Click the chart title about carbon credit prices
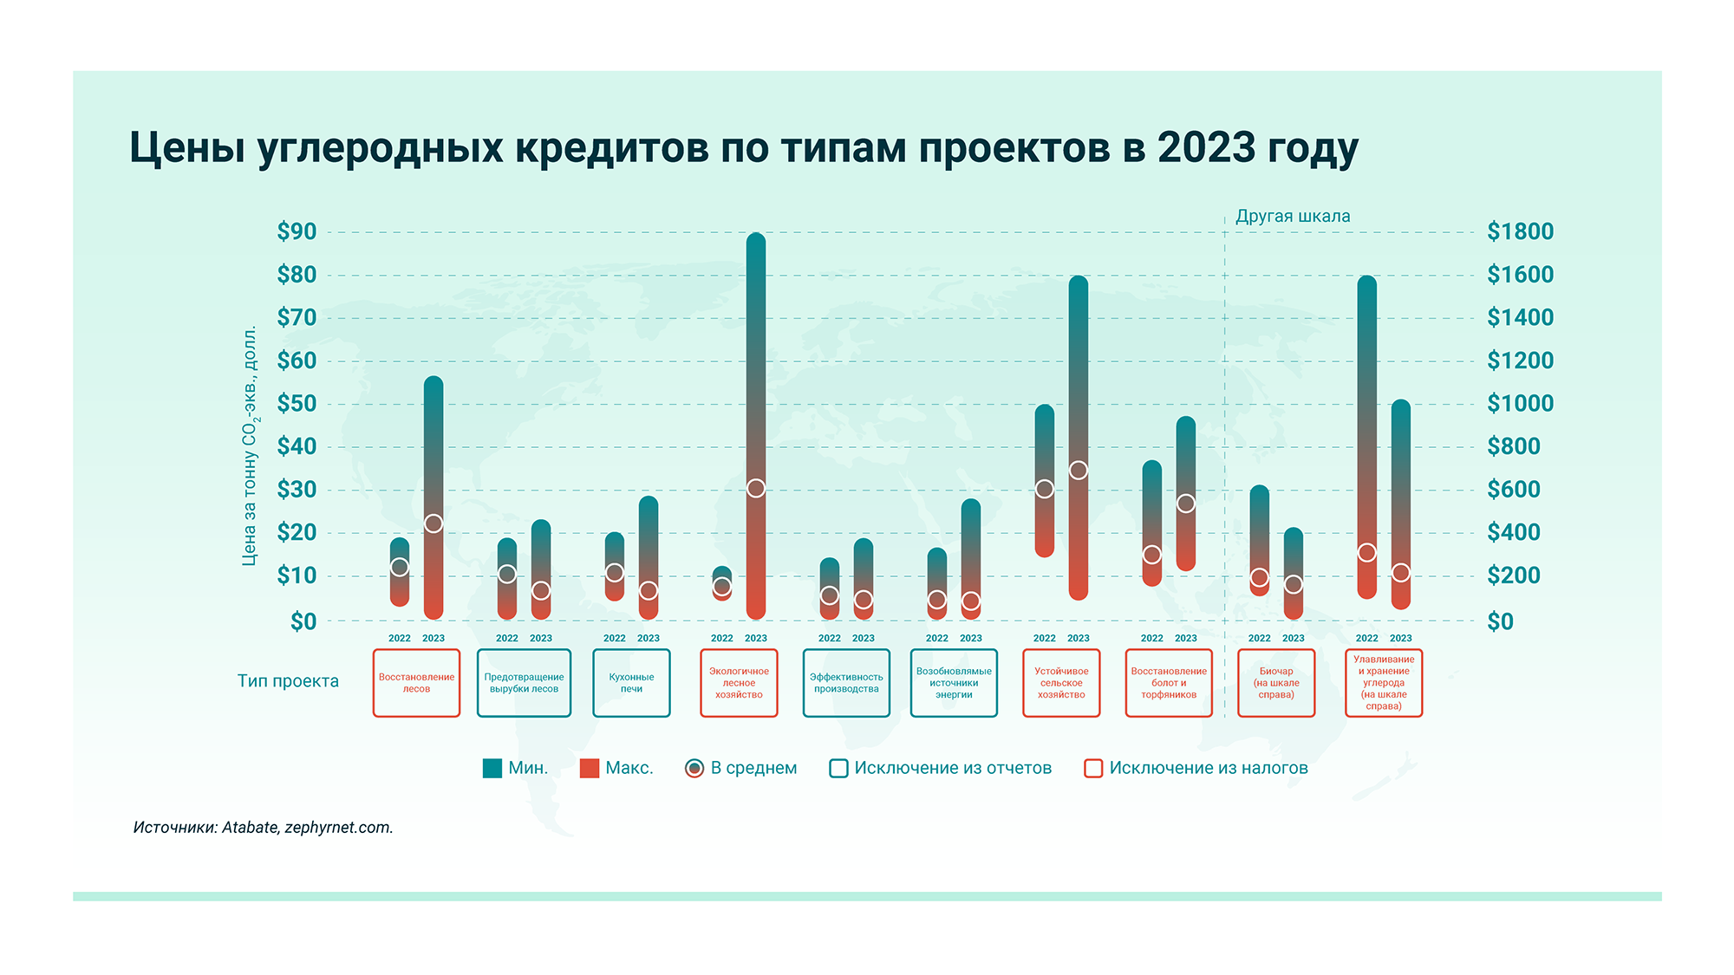pyautogui.click(x=743, y=148)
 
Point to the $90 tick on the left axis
pyautogui.click(x=297, y=231)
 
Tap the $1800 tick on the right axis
pyautogui.click(x=1520, y=231)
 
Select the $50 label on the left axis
pyautogui.click(x=297, y=404)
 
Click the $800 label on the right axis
pyautogui.click(x=1514, y=446)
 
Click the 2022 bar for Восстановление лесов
pyautogui.click(x=400, y=572)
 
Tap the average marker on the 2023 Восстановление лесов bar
pyautogui.click(x=433, y=523)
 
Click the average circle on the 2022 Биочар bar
pyautogui.click(x=1260, y=577)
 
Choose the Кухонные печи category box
pyautogui.click(x=631, y=683)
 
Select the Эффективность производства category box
pyautogui.click(x=846, y=683)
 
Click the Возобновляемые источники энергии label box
pyautogui.click(x=954, y=683)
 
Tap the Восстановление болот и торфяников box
pyautogui.click(x=1169, y=683)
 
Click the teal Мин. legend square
pyautogui.click(x=492, y=768)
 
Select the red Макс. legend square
pyautogui.click(x=590, y=768)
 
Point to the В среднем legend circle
pyautogui.click(x=694, y=768)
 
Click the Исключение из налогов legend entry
pyautogui.click(x=1196, y=768)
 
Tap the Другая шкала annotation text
pyautogui.click(x=1293, y=216)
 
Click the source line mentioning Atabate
pyautogui.click(x=264, y=827)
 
